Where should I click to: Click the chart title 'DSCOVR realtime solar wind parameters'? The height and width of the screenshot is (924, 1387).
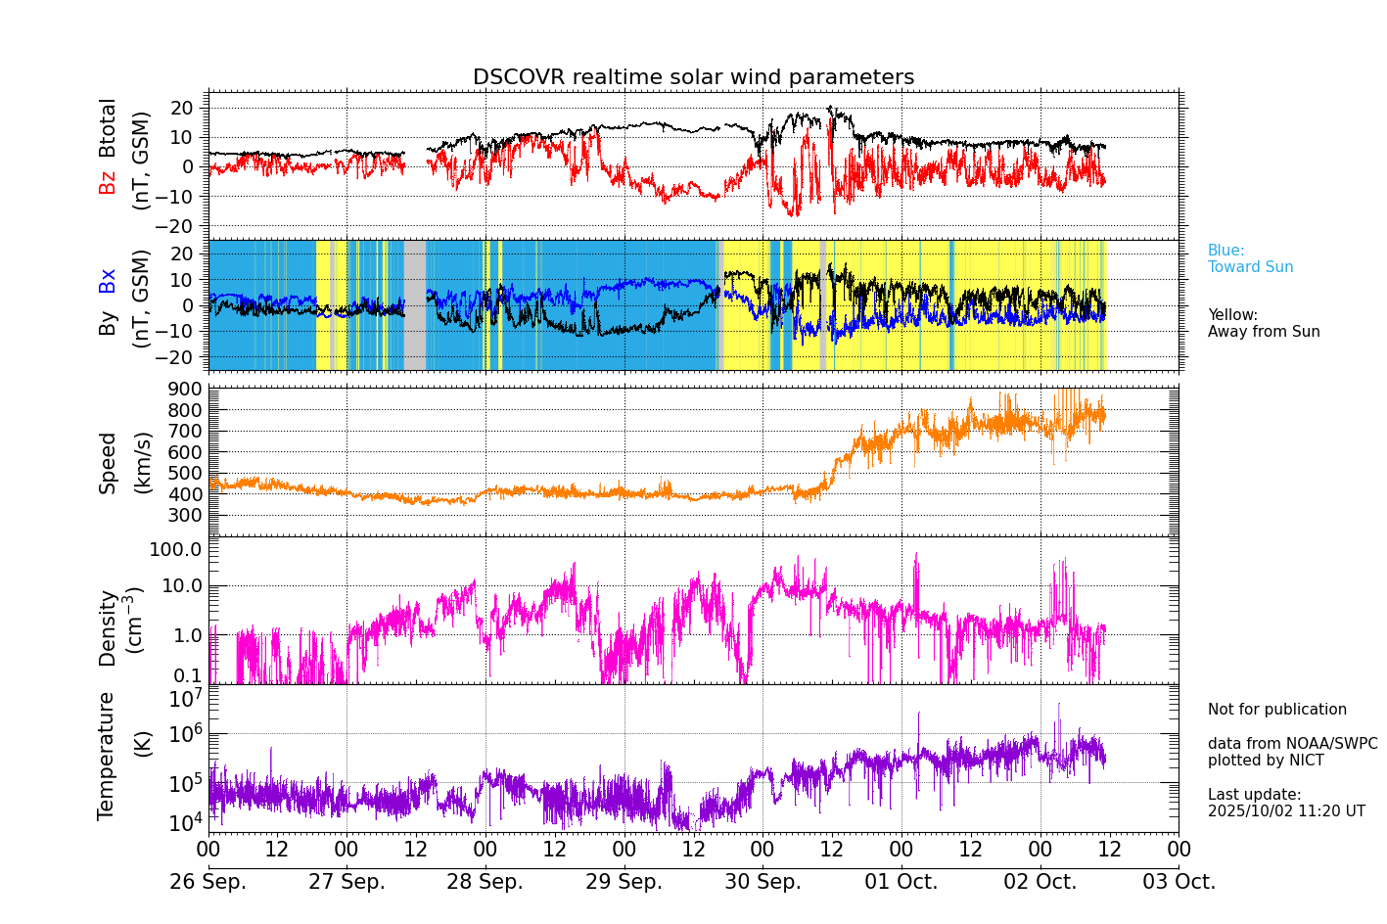tap(693, 77)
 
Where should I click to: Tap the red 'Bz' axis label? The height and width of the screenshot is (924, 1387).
tap(108, 182)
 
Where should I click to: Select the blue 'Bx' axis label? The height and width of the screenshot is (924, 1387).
tap(108, 280)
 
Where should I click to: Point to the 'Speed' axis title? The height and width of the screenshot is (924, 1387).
tap(108, 463)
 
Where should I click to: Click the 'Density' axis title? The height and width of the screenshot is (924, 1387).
tap(108, 627)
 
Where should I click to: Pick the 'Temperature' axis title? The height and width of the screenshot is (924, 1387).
tap(107, 756)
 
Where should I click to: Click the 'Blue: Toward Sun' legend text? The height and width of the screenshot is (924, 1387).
tap(1250, 258)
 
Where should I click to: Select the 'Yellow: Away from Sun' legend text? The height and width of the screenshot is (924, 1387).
tap(1263, 323)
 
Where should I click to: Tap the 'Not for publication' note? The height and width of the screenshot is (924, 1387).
tap(1276, 710)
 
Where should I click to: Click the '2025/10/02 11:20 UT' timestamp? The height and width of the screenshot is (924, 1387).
tap(1285, 811)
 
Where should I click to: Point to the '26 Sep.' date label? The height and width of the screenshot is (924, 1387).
tap(208, 882)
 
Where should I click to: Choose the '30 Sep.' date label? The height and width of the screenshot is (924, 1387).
tap(763, 882)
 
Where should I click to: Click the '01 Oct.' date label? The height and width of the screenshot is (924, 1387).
tap(901, 882)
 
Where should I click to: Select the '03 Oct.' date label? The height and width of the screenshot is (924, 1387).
tap(1179, 882)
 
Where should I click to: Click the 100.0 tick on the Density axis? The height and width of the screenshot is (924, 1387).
tap(176, 549)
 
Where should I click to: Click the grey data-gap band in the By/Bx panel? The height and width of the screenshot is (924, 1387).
tap(415, 304)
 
